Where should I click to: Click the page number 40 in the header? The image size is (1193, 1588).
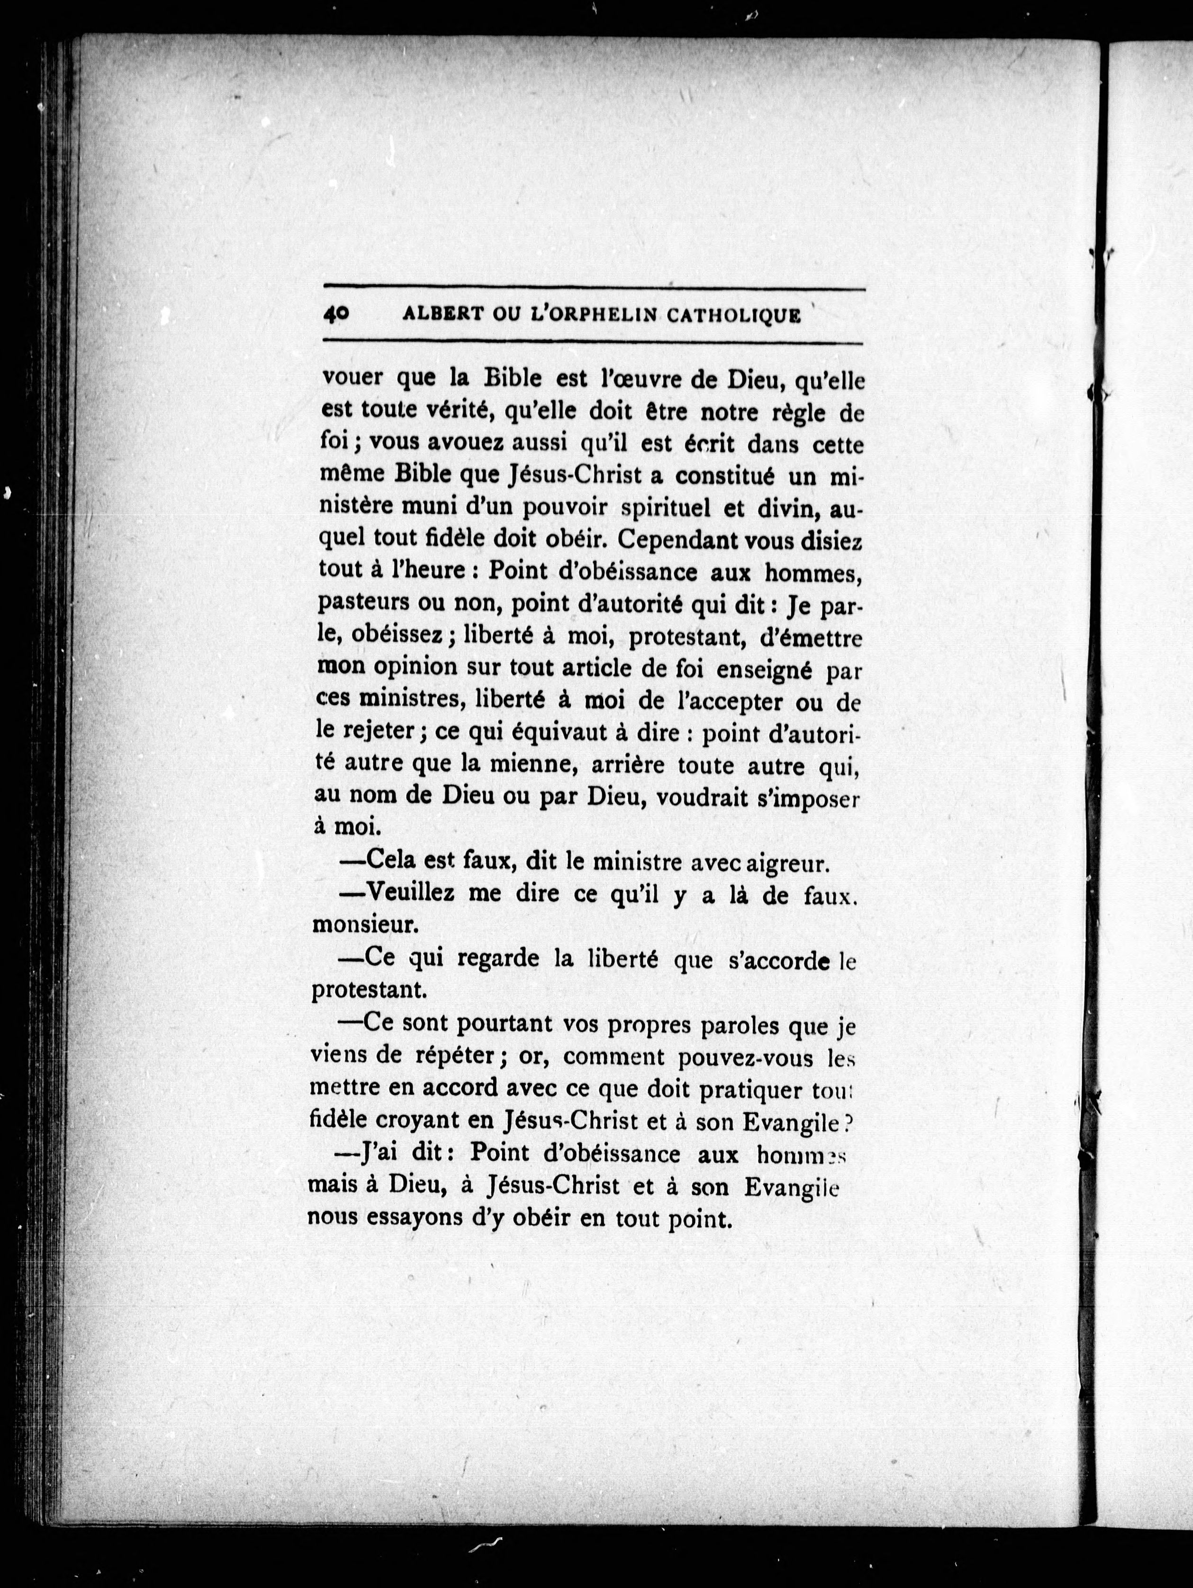tap(336, 315)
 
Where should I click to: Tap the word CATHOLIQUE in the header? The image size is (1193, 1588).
tap(733, 316)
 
